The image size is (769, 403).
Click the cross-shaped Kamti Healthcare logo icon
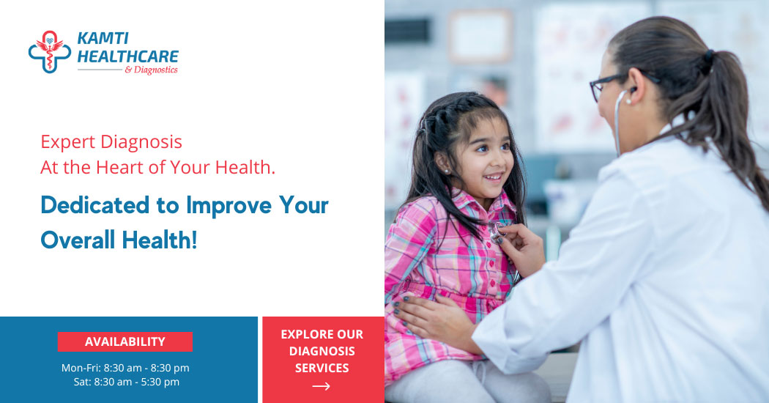pyautogui.click(x=50, y=51)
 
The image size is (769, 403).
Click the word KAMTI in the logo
pyautogui.click(x=103, y=38)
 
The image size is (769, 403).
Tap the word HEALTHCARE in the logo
pyautogui.click(x=127, y=56)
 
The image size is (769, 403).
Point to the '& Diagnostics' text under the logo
pyautogui.click(x=151, y=70)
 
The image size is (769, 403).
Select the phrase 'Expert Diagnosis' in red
pyautogui.click(x=111, y=142)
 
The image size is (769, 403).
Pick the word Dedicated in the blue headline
pyautogui.click(x=94, y=204)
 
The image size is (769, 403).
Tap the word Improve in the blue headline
pyautogui.click(x=229, y=206)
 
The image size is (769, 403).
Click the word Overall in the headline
pyautogui.click(x=78, y=240)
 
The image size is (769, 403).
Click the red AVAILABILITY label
pyautogui.click(x=125, y=341)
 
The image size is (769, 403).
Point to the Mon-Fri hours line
pyautogui.click(x=125, y=368)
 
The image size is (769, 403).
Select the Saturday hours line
pyautogui.click(x=127, y=382)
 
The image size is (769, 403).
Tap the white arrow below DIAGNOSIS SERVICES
pyautogui.click(x=322, y=386)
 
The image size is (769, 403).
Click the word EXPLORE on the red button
pyautogui.click(x=302, y=334)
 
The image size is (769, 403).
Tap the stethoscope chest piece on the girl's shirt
pyautogui.click(x=497, y=231)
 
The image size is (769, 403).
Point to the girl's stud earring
pyautogui.click(x=447, y=171)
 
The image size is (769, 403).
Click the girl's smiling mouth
pyautogui.click(x=493, y=176)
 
